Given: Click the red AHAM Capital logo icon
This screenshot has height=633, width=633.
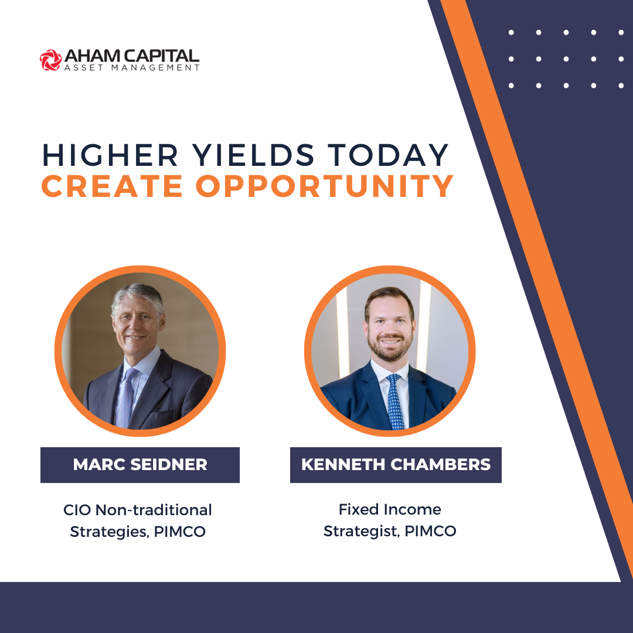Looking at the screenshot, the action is tap(51, 60).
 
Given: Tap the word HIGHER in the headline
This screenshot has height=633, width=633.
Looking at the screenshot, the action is tap(110, 155).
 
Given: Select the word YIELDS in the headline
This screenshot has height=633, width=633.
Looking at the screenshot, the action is tap(253, 155).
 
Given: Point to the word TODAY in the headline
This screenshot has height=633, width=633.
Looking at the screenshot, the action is tap(388, 155).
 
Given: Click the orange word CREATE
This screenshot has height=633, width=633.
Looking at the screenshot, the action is tap(112, 186).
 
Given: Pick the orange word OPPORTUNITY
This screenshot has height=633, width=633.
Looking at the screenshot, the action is tap(325, 186).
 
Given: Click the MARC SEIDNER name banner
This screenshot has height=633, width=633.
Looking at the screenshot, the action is tap(140, 465).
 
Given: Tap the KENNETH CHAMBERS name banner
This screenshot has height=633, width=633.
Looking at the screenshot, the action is tap(396, 465).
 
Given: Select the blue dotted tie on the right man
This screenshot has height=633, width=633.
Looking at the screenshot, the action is tap(395, 401).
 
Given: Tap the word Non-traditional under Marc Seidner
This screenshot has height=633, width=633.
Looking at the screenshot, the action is tap(154, 510).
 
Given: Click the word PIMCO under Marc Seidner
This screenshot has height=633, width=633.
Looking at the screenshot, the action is tap(180, 532).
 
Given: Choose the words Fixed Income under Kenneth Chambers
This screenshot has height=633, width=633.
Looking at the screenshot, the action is tap(390, 509).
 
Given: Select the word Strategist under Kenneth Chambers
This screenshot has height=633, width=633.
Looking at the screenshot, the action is tap(362, 531).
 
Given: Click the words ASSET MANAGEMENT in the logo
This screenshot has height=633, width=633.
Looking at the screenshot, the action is tap(132, 68).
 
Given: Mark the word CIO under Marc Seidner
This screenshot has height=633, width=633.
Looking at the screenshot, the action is tap(77, 511).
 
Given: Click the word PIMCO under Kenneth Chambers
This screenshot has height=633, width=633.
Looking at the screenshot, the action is tap(430, 531).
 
